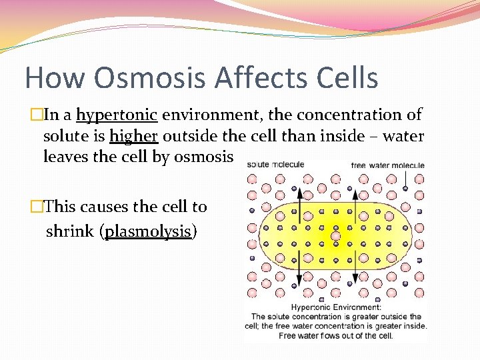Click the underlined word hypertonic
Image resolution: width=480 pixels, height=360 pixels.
[117, 115]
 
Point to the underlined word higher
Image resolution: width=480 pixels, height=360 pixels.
[133, 136]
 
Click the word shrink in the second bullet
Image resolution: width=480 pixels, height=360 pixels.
[71, 231]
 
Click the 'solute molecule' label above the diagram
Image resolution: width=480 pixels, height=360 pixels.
[275, 164]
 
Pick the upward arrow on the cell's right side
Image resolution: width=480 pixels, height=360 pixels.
[355, 200]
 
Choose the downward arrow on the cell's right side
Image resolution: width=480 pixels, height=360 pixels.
[355, 275]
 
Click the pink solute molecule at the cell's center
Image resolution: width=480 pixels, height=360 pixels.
[336, 236]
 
